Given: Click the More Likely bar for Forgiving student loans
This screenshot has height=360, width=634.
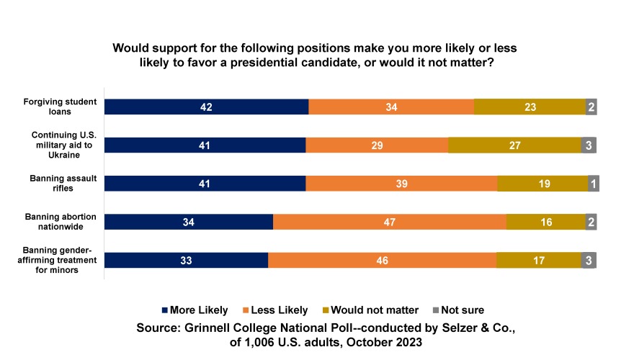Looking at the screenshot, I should (x=206, y=107).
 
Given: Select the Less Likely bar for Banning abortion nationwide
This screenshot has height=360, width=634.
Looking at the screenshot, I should (x=389, y=222).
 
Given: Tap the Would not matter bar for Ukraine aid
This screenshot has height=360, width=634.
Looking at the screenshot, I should (x=514, y=145).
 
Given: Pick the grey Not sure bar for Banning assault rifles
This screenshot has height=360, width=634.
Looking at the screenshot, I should (x=594, y=184).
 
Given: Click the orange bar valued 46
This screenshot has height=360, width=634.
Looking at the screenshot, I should (x=382, y=260).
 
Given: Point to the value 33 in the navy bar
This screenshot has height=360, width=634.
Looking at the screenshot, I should (x=186, y=260).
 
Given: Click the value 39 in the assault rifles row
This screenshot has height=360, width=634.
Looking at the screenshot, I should (x=401, y=184).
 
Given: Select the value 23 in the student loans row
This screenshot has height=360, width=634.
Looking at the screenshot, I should (x=530, y=107).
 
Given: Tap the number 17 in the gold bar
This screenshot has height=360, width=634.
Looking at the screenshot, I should (x=538, y=260).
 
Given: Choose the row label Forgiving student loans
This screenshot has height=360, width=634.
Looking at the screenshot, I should (x=63, y=107).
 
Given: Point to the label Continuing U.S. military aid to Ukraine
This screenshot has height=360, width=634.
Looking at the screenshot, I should (x=63, y=145).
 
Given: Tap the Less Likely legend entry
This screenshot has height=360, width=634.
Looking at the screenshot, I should (x=279, y=310).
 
